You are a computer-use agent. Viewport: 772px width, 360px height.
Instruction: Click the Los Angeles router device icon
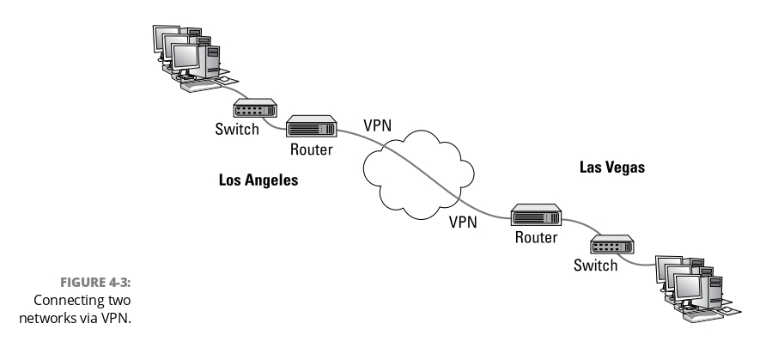(310, 127)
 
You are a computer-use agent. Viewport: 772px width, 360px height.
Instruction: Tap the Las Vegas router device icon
(537, 215)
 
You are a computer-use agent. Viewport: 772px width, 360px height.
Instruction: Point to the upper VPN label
(378, 125)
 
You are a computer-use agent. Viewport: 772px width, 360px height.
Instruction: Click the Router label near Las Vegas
(537, 238)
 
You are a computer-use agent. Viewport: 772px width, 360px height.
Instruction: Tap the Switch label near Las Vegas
(595, 265)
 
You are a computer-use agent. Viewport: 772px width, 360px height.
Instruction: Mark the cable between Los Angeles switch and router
(280, 125)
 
